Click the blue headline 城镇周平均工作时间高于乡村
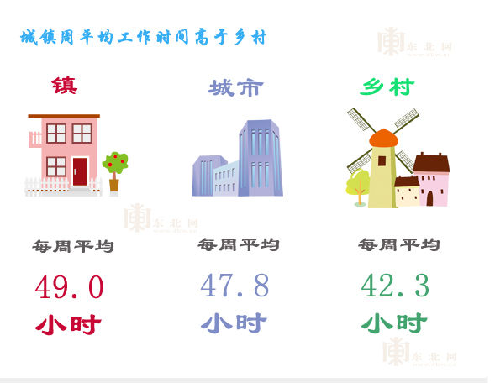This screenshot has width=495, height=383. click(144, 37)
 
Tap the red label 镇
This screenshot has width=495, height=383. click(65, 85)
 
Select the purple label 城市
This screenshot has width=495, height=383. click(235, 87)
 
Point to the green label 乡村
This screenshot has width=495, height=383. click(387, 87)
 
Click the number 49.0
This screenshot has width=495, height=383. click(69, 286)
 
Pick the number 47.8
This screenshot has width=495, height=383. click(234, 286)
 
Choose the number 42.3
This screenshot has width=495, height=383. click(395, 286)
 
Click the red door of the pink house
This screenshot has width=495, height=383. click(80, 171)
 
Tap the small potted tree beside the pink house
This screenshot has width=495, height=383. click(115, 171)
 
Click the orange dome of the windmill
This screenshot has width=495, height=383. click(383, 138)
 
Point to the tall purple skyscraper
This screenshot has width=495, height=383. click(261, 158)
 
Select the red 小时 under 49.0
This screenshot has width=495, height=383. click(68, 325)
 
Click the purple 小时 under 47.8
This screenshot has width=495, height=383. click(234, 323)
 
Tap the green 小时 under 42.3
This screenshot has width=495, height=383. click(394, 323)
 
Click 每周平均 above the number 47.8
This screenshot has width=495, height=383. click(239, 244)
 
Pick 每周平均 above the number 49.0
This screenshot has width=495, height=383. click(72, 246)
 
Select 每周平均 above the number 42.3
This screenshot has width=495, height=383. click(398, 244)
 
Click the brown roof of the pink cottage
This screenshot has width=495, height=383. click(431, 163)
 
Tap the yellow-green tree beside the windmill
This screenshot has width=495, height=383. click(358, 186)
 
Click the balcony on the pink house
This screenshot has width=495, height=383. click(35, 139)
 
